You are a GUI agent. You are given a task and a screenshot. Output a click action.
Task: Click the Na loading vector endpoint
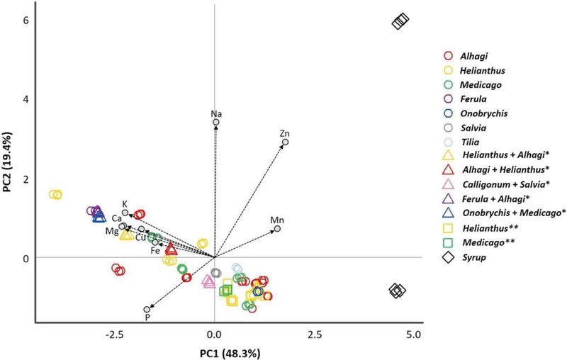pos(216,123)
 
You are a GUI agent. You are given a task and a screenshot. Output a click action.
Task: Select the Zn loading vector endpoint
pos(286,142)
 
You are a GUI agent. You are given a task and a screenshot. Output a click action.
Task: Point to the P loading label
pos(147,318)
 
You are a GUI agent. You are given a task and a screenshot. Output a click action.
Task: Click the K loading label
pos(125,203)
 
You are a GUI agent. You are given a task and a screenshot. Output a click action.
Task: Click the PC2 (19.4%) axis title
pos(9,162)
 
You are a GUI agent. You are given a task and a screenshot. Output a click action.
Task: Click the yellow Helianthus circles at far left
pos(56,194)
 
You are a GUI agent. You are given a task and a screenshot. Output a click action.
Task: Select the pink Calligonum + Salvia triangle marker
pos(208,281)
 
